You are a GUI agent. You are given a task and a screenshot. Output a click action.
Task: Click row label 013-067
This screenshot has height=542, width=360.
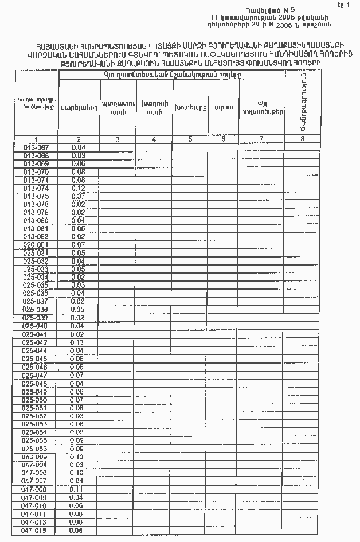coord(36,147)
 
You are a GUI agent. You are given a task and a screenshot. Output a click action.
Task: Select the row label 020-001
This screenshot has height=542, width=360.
coord(36,244)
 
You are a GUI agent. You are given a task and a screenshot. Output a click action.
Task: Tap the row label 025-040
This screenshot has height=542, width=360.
coord(36,326)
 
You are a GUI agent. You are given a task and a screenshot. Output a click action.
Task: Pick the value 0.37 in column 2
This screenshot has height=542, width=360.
coord(78,196)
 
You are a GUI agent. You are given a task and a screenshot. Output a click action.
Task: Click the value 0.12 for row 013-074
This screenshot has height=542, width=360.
coord(78,188)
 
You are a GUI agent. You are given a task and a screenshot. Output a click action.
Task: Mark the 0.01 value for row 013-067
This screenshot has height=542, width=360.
coord(79,147)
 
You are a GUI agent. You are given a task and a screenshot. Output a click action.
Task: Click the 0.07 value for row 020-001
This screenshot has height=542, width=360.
coord(78,244)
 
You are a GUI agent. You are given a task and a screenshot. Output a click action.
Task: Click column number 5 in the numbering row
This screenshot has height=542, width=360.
coord(190,139)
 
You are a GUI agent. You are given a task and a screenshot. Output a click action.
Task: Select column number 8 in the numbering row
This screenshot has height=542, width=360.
coord(302,139)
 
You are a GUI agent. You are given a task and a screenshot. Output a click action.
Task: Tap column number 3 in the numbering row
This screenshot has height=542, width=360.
coord(118,139)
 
